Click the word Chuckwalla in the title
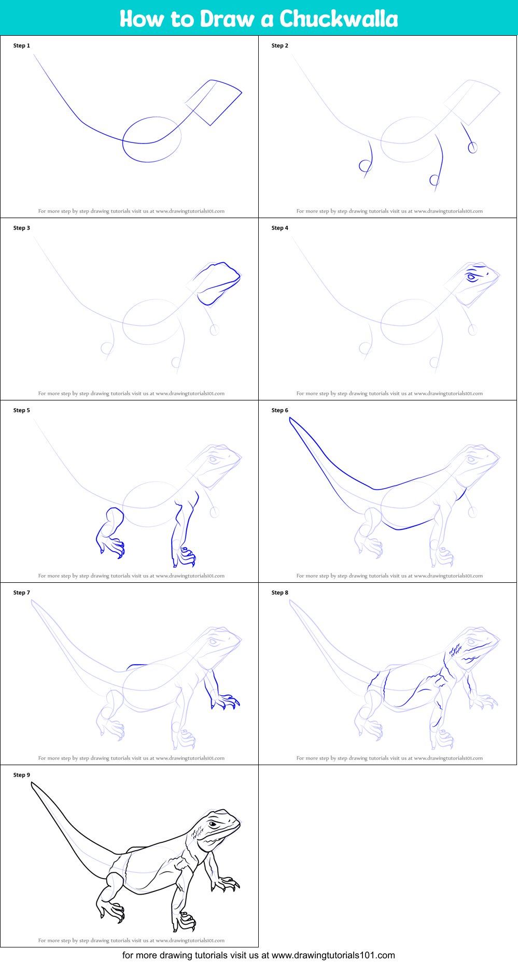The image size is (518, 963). coord(339,19)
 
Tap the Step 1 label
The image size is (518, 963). coord(22,46)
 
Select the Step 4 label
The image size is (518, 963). coord(280,228)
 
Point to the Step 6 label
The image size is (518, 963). coord(280,410)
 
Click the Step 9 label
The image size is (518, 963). coord(22,775)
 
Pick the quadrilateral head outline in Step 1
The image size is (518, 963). coord(214,103)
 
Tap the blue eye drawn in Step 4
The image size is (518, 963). coord(471,278)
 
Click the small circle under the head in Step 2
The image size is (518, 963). coord(472,148)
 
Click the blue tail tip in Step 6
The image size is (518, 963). coord(291,420)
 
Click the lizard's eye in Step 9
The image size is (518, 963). coord(213,824)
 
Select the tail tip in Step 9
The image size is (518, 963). coord(33,785)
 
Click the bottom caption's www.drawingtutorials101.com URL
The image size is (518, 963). coord(333,955)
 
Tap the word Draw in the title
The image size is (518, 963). coord(228,19)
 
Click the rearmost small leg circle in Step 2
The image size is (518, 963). coord(365,166)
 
